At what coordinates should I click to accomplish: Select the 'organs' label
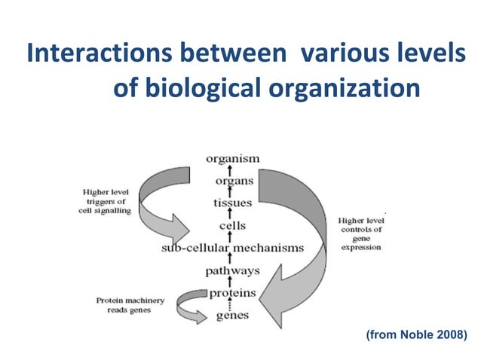tap(234, 182)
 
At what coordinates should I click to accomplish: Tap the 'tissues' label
tap(232, 203)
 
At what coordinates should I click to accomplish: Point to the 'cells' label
tap(232, 225)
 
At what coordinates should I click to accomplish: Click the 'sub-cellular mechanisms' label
tap(232, 247)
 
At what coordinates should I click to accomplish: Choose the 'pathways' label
tap(232, 270)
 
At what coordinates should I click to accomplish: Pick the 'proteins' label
tap(232, 292)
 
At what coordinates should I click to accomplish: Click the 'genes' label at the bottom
tap(232, 315)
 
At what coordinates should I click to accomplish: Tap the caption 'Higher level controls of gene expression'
tap(360, 233)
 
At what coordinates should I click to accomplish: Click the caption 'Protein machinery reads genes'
tap(129, 305)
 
